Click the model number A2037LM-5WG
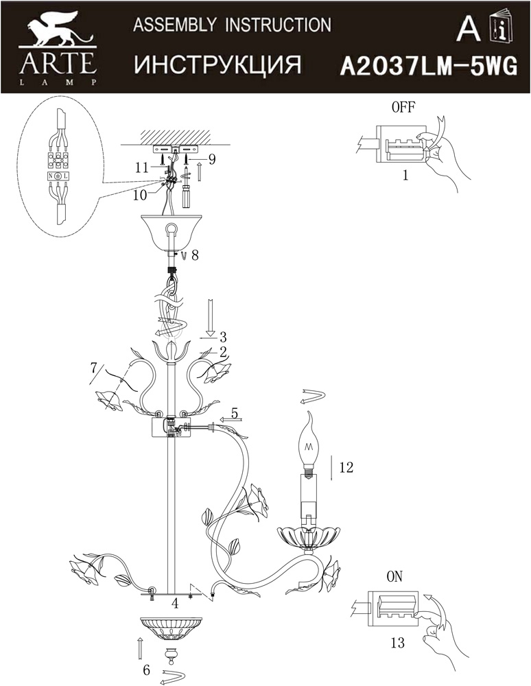[429, 67]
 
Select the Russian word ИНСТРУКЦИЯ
[217, 64]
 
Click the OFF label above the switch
[403, 107]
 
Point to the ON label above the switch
[394, 577]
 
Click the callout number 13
[397, 643]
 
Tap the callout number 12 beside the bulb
[346, 467]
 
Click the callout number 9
[211, 159]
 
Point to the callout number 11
[142, 168]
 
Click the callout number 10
[139, 195]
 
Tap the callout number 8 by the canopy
[195, 255]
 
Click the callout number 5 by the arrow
[235, 412]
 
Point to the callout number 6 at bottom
[147, 670]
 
